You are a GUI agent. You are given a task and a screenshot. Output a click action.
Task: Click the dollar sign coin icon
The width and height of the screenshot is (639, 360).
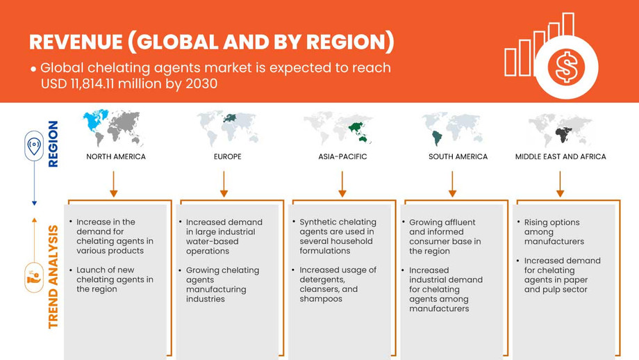[x=566, y=68]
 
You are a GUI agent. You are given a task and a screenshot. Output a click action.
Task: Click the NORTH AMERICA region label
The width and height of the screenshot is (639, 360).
[x=116, y=156]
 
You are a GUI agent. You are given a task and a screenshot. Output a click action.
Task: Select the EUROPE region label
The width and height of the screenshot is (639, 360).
[x=227, y=156]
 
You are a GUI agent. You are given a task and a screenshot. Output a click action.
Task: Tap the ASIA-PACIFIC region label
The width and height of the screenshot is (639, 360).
[x=342, y=156]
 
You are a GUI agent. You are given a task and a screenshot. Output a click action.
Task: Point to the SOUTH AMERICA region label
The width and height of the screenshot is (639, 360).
[x=458, y=156]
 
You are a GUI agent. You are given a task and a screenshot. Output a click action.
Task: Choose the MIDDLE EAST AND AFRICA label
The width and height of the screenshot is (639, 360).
[x=560, y=156]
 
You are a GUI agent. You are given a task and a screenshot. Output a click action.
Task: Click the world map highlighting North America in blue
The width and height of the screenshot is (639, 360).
[x=113, y=128]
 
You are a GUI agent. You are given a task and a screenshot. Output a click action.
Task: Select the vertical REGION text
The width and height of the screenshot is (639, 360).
[x=53, y=144]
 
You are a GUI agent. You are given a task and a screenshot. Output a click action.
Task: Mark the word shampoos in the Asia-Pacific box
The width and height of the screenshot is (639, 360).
[x=321, y=299]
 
